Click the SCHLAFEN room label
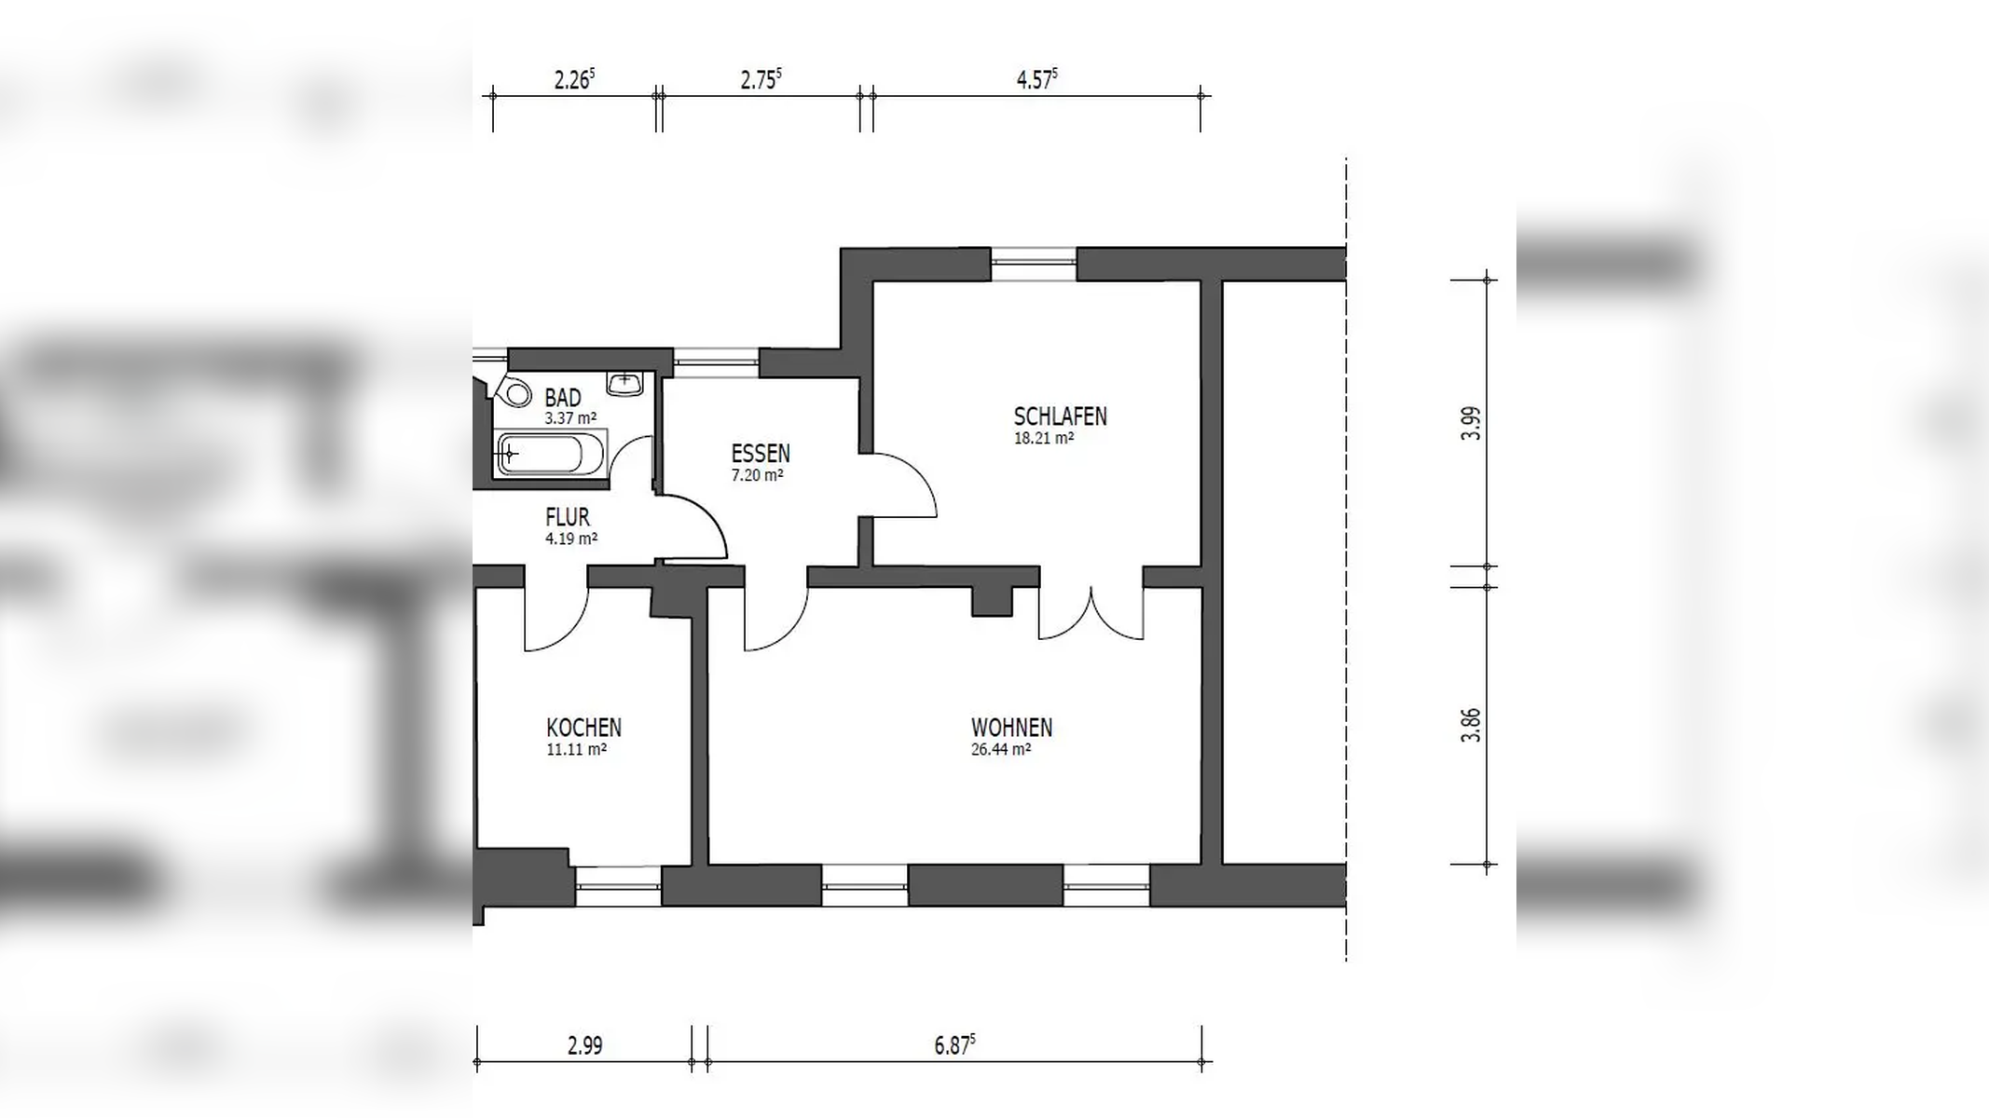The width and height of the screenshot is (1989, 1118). pos(1060,416)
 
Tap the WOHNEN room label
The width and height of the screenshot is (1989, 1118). pos(1011,728)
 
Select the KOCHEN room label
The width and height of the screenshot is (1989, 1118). pos(583,728)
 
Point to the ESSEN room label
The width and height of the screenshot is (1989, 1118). pos(761,454)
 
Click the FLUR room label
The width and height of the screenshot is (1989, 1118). pos(568,517)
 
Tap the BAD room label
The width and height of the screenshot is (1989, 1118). pos(563,398)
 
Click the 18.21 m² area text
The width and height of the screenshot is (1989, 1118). pos(1044,438)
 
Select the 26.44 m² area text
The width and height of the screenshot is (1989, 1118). pos(1001,749)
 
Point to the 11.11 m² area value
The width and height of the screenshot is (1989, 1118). pos(576,749)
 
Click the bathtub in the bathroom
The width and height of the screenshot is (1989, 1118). pos(550,455)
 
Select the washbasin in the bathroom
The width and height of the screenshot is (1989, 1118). pos(624,382)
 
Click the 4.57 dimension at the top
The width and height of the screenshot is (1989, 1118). pos(1036,79)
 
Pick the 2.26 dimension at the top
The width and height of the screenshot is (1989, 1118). pos(574,79)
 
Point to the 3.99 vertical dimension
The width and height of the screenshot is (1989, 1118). pos(1471,423)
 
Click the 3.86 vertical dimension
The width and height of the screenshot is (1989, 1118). pos(1471,725)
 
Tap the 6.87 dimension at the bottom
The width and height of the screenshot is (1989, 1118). pos(954,1044)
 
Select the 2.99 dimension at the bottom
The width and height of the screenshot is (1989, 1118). pos(584,1045)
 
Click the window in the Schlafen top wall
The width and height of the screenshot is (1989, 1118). pos(1034,264)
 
